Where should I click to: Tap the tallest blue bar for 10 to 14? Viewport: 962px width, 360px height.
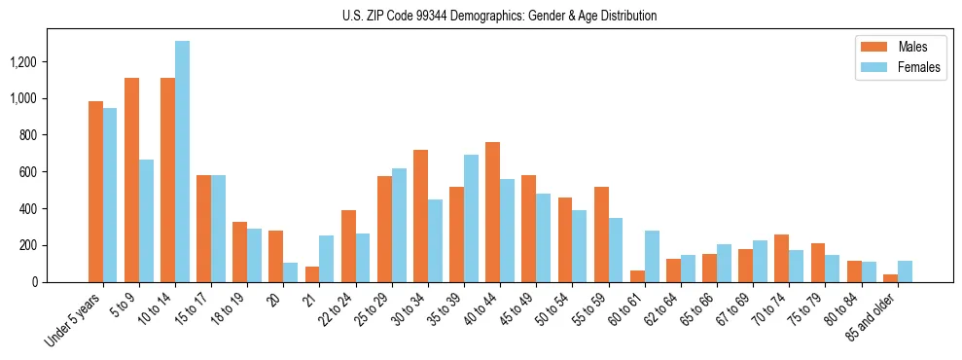183,162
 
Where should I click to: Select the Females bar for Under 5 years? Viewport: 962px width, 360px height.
110,195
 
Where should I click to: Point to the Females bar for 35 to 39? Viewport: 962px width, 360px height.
471,218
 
